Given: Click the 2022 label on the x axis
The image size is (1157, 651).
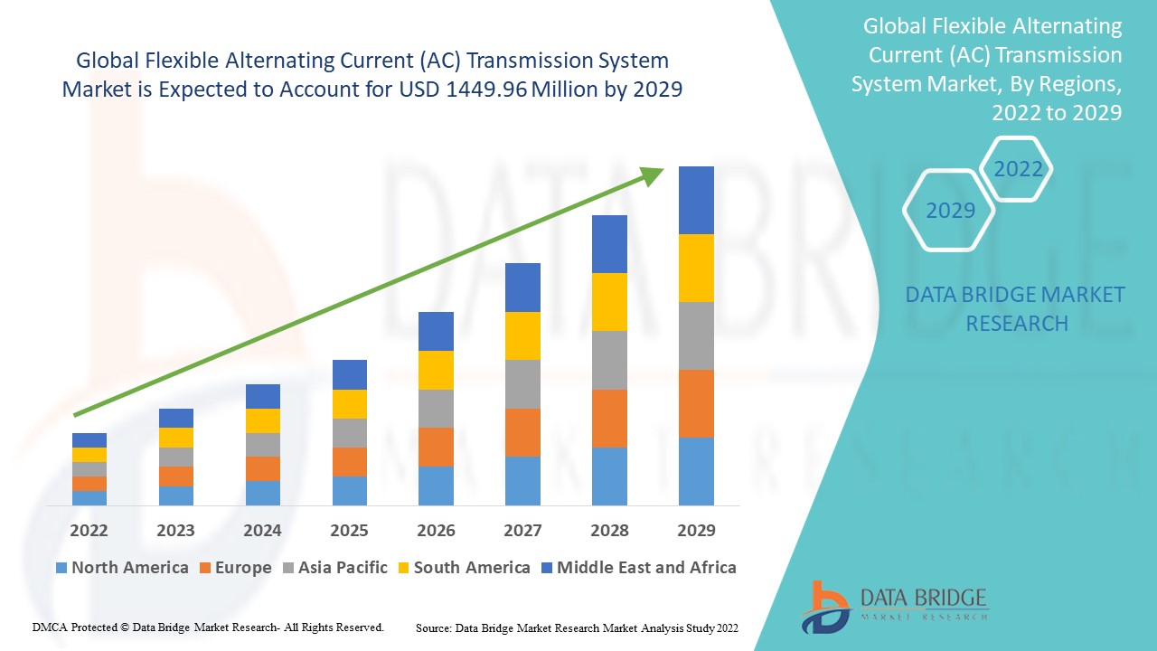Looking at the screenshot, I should tap(89, 530).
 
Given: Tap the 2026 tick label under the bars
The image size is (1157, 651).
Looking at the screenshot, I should tap(436, 530).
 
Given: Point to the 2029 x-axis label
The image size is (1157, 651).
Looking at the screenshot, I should tap(696, 530).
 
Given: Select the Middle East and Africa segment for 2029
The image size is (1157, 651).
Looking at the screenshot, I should tap(696, 200).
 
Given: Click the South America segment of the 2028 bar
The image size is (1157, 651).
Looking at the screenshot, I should tap(609, 302).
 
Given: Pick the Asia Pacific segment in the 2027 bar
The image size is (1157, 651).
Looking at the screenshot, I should tap(522, 384).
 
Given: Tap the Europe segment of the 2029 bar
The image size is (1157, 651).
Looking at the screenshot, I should tap(696, 403).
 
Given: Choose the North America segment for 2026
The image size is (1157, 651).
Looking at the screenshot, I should tap(436, 486).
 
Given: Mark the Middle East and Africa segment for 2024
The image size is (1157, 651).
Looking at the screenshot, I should tap(262, 396).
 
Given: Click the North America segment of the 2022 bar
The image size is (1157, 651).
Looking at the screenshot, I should tap(89, 498).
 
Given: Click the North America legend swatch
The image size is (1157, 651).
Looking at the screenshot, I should tap(61, 568).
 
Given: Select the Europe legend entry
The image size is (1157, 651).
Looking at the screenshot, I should tap(233, 568).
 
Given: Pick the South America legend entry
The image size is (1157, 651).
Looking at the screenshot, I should tap(463, 568).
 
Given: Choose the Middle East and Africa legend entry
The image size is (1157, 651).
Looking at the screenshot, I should tap(637, 568).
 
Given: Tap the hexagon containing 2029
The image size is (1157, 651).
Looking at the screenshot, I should tap(949, 211).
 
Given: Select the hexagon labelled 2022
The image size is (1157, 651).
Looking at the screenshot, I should tap(1018, 169).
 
